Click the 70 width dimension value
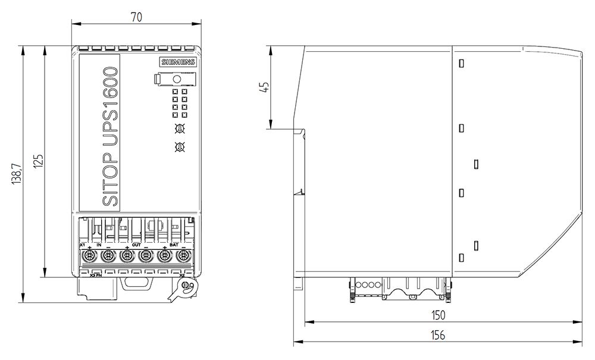(136, 17)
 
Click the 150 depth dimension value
(438, 315)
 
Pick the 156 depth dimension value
(438, 334)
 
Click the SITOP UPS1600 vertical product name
(110, 137)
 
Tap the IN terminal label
(99, 245)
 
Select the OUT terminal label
(136, 245)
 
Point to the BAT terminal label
(174, 245)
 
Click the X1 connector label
(82, 245)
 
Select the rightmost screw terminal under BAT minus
(183, 257)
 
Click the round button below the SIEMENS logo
(176, 79)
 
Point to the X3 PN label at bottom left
(95, 275)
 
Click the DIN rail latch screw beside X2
(186, 287)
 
